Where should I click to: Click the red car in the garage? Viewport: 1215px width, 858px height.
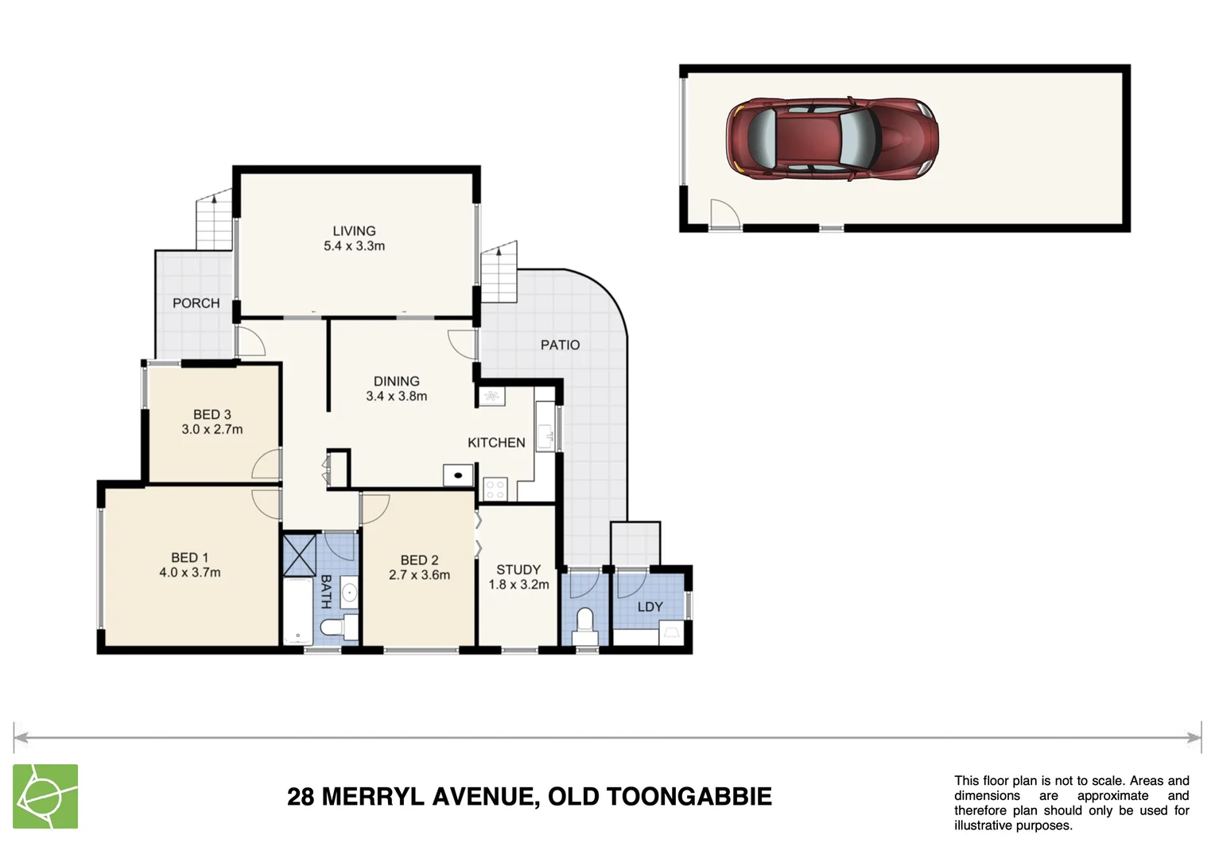click(832, 139)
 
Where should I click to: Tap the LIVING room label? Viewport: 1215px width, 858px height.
click(354, 231)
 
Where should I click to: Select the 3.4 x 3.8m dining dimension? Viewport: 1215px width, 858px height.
click(396, 396)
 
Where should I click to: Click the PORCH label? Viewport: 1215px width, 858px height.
click(196, 303)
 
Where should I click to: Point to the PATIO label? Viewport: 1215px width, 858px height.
click(560, 345)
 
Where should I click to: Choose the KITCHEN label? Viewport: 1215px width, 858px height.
click(496, 443)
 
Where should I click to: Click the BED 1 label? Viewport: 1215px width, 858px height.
click(189, 558)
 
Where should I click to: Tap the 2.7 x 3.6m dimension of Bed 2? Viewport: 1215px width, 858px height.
click(419, 575)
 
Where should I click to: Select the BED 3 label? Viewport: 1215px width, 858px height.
click(212, 415)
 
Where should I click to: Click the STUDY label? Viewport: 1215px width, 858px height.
click(518, 570)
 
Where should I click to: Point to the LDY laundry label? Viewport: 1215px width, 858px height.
click(650, 607)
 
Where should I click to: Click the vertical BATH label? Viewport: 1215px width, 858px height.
click(325, 592)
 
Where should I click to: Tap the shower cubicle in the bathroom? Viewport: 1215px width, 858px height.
click(300, 555)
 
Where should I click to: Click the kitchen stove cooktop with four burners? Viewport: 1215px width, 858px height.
click(495, 489)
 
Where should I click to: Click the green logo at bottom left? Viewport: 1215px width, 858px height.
click(45, 796)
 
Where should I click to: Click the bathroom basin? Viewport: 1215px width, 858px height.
click(348, 593)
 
